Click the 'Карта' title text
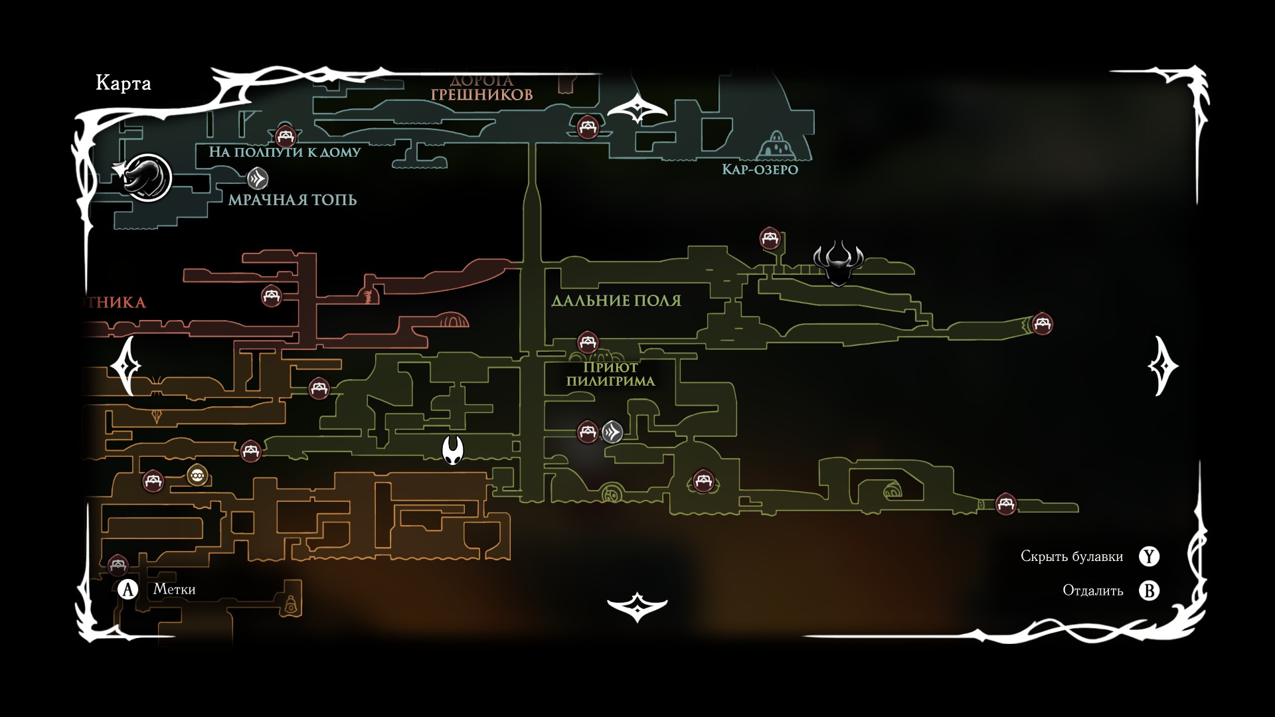[x=124, y=83]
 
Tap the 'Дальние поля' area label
[x=616, y=301]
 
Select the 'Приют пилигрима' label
[x=610, y=374]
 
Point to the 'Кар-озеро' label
[x=760, y=169]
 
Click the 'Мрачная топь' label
[x=292, y=200]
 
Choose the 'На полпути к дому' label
[x=285, y=152]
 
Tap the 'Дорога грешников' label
[x=481, y=88]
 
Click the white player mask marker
[x=452, y=451]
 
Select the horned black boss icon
[x=838, y=263]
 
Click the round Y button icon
[x=1149, y=556]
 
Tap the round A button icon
[x=127, y=590]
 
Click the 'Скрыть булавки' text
[x=1072, y=556]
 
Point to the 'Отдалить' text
[x=1093, y=590]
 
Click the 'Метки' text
[x=174, y=589]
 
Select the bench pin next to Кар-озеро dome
[x=588, y=126]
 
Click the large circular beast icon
[x=147, y=177]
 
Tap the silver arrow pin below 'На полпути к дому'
[x=258, y=179]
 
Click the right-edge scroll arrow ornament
[x=1163, y=366]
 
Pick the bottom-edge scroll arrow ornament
[x=637, y=606]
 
